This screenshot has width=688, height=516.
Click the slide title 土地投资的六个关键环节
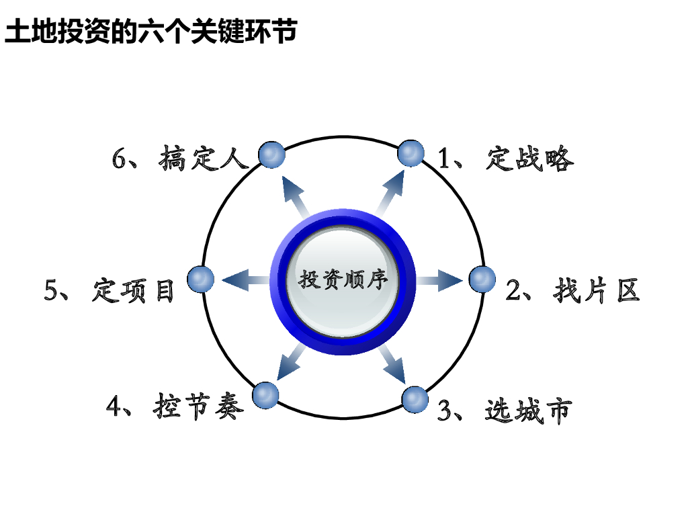click(150, 32)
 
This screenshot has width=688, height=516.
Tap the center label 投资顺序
click(343, 279)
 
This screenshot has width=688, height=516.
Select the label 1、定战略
click(506, 159)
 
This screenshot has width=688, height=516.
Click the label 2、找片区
click(572, 290)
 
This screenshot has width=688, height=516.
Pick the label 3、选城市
click(504, 410)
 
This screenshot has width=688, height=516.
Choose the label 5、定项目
click(110, 290)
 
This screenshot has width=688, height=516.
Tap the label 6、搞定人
click(180, 159)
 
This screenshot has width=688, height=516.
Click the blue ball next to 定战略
click(411, 154)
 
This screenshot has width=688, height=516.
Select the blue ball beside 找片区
click(482, 279)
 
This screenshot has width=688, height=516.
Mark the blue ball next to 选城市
click(415, 400)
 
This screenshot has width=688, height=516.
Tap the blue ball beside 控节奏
click(265, 395)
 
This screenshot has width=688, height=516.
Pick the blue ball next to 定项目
click(201, 279)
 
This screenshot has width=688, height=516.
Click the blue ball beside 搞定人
click(272, 155)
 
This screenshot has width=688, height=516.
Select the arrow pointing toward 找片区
click(439, 279)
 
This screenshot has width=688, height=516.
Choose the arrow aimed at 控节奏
click(290, 367)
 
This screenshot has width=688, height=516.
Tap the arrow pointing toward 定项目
click(245, 279)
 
